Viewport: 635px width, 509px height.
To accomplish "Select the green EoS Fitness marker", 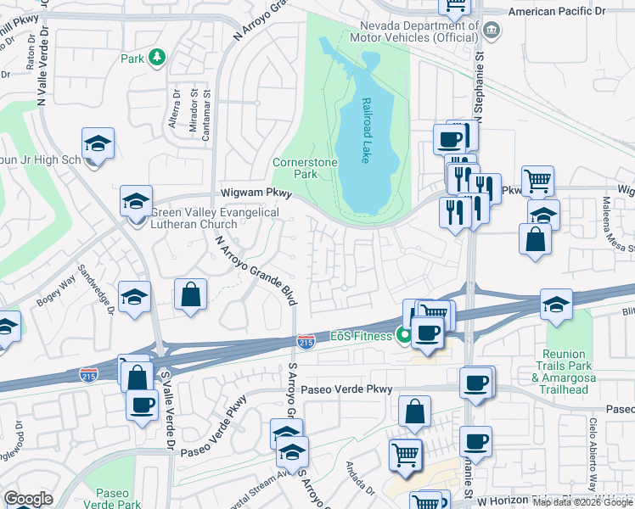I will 405,335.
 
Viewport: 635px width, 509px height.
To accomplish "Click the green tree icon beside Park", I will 156,58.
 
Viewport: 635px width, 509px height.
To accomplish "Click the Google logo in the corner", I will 28,499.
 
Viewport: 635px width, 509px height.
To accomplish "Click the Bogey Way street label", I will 57,294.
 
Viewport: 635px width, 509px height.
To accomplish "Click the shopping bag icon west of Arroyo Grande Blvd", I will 191,294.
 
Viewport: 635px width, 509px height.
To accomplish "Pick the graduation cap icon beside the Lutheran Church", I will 136,201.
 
